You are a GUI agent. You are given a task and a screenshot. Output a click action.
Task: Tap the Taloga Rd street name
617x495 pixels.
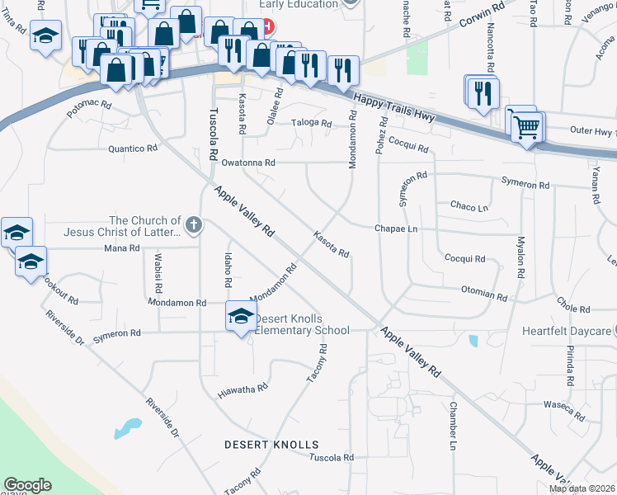[x=311, y=124]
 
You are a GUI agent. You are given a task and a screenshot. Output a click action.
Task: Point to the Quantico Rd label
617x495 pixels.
[x=133, y=148]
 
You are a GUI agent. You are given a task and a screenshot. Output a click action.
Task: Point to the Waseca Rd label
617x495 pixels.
[x=563, y=405]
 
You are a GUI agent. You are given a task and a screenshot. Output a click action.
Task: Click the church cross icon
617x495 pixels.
[x=193, y=224]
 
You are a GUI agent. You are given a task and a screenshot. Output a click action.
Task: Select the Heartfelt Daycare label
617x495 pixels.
[x=567, y=331]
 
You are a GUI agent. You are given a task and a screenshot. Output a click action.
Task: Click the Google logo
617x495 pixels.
[x=27, y=485]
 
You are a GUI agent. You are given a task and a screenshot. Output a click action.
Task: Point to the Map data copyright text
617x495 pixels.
[x=582, y=488]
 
